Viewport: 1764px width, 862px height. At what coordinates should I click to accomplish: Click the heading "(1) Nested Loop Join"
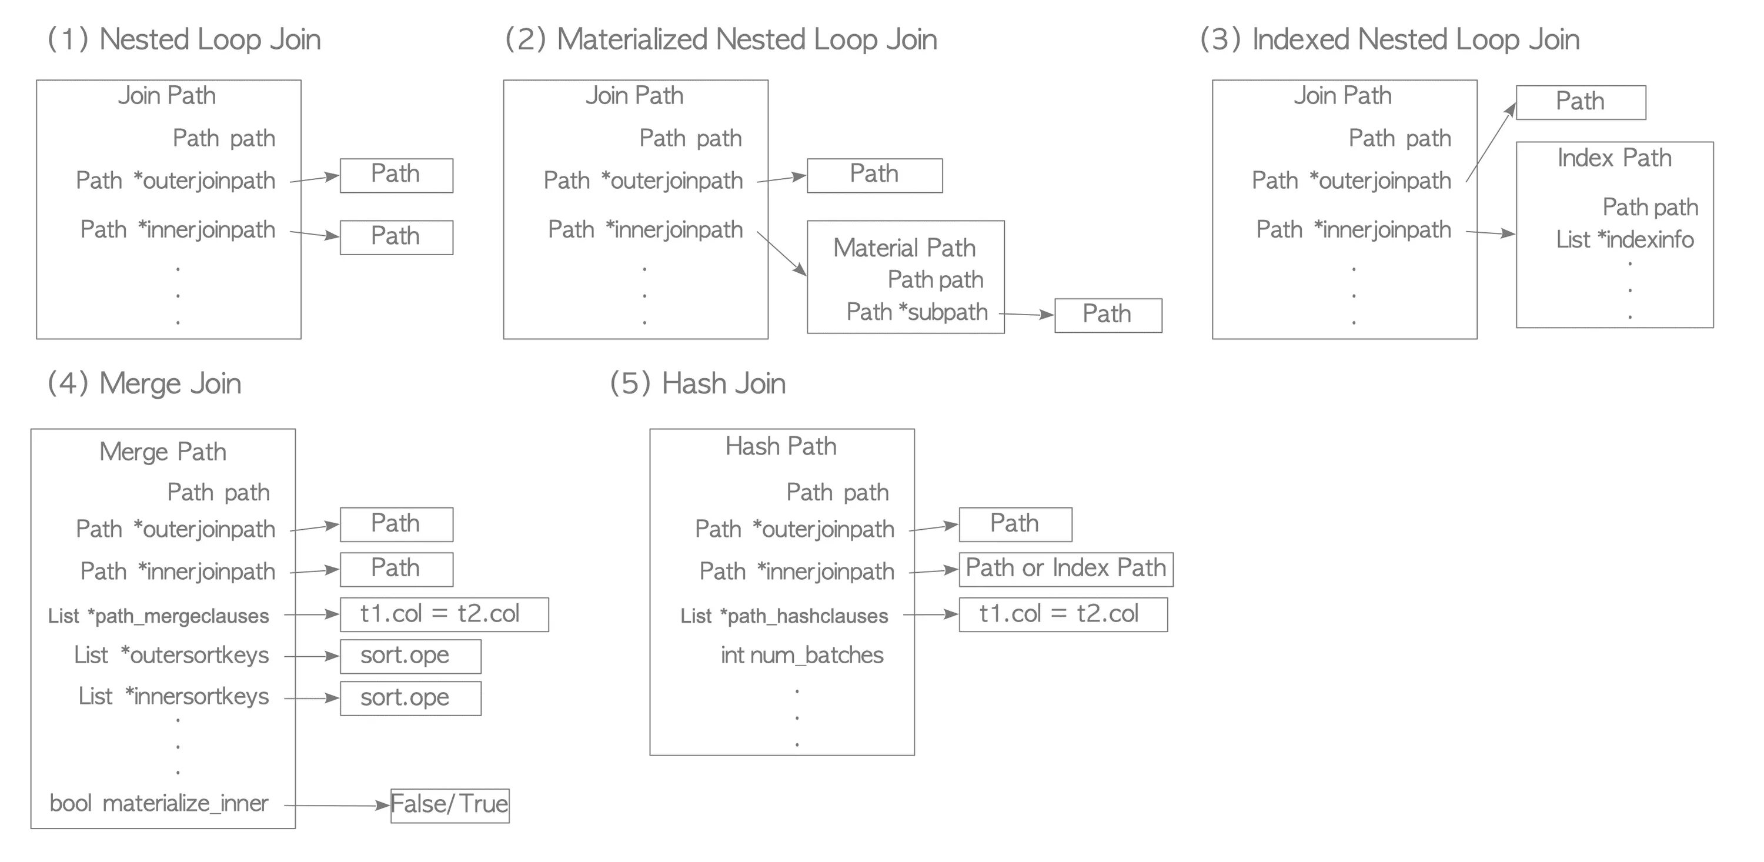[183, 40]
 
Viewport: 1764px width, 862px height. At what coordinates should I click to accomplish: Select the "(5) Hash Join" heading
[697, 384]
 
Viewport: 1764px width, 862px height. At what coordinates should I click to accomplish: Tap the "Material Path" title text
[904, 248]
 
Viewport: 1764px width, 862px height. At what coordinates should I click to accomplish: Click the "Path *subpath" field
[917, 312]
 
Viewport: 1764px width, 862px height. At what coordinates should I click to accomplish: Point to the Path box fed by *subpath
[1107, 315]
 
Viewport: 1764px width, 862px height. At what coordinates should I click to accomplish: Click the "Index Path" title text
[1614, 158]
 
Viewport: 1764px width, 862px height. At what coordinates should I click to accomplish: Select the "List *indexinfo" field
[1624, 240]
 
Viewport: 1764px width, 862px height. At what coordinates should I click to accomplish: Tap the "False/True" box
[449, 804]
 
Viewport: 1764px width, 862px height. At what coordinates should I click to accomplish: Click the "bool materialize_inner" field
[159, 804]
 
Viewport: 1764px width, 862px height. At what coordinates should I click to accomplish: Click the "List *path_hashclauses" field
[784, 616]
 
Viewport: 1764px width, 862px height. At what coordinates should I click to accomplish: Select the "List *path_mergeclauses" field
[158, 616]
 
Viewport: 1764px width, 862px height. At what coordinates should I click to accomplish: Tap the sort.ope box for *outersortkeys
[410, 656]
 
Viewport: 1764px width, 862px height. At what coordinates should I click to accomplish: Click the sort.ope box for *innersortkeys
[410, 698]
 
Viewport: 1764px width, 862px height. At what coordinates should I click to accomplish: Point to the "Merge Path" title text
[162, 452]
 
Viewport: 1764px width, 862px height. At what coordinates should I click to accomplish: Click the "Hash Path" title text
[781, 447]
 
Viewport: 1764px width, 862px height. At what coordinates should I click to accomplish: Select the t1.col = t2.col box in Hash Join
[1062, 614]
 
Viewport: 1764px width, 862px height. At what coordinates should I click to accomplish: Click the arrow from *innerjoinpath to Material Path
[781, 253]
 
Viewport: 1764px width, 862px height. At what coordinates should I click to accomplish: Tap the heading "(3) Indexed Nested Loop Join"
[1389, 40]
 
